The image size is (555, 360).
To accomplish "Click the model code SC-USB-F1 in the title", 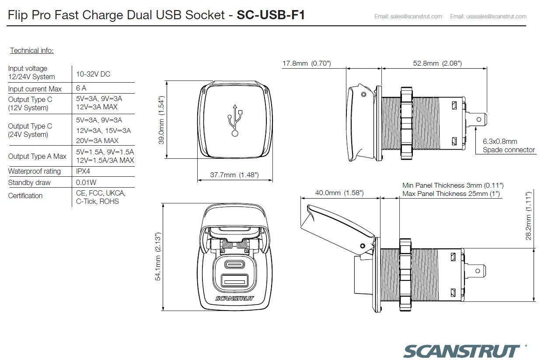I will pyautogui.click(x=270, y=15).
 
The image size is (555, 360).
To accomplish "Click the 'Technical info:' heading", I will pyautogui.click(x=31, y=51).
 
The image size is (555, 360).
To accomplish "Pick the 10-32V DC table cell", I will pyautogui.click(x=93, y=74).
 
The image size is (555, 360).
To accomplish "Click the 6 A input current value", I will pyautogui.click(x=81, y=88).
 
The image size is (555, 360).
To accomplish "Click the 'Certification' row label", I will pyautogui.click(x=25, y=196).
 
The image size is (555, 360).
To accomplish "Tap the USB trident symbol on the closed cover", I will pyautogui.click(x=235, y=120).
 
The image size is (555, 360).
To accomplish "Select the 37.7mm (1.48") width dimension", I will pyautogui.click(x=234, y=175).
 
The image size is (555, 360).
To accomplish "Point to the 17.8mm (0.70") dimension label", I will pyautogui.click(x=306, y=63).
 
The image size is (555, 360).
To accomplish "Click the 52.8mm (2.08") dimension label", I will pyautogui.click(x=437, y=63).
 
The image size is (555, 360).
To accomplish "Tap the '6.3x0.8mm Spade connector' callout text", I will pyautogui.click(x=508, y=146).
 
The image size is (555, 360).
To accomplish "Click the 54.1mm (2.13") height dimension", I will pyautogui.click(x=158, y=256).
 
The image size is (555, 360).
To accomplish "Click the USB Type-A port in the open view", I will pyautogui.click(x=235, y=280).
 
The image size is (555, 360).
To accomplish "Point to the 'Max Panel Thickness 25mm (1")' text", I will pyautogui.click(x=451, y=194).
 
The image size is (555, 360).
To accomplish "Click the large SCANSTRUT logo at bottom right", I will pyautogui.click(x=461, y=351).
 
